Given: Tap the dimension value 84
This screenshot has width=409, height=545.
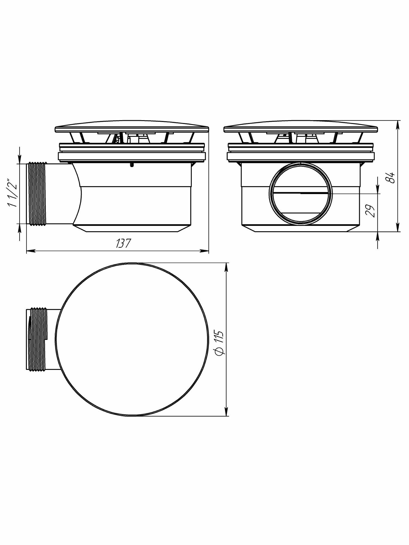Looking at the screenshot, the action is tap(391, 177).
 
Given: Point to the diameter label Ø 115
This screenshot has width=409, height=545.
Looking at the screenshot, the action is tap(219, 343).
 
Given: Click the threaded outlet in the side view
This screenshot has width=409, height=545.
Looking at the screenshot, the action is tap(37, 194).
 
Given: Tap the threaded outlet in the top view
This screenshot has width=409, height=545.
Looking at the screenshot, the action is tap(37, 339).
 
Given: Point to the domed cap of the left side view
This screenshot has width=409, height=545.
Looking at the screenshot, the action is tap(132, 127).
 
